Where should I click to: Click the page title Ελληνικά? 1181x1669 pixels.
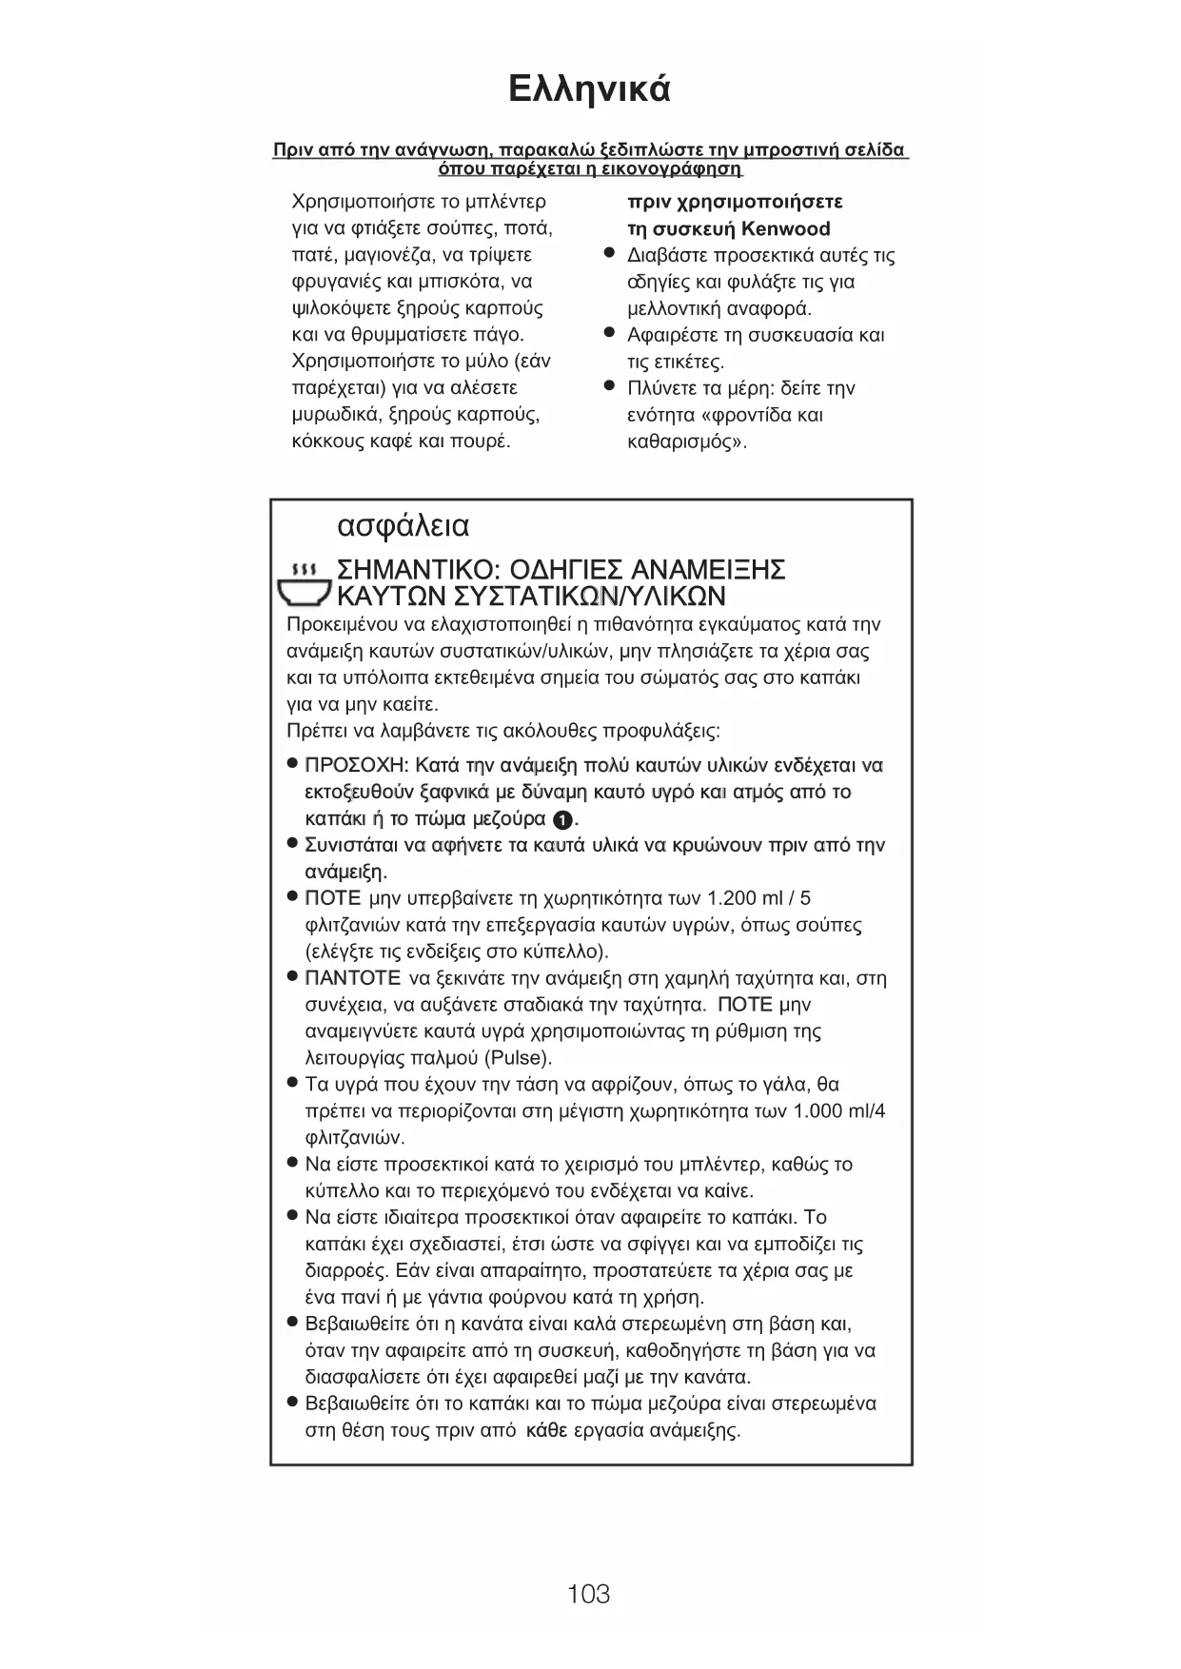589,89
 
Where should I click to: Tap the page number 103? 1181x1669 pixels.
588,1593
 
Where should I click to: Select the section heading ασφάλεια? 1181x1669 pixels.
404,526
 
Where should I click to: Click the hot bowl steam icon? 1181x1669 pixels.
303,583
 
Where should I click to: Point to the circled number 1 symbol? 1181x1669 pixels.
562,819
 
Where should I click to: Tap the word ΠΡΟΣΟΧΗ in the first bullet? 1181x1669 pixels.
356,766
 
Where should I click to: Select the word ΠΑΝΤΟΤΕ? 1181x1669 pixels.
352,978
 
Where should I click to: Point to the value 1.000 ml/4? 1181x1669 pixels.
838,1111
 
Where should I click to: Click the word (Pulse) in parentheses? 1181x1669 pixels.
518,1058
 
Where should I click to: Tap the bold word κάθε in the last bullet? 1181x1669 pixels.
546,1430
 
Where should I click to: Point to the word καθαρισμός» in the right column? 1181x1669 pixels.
687,442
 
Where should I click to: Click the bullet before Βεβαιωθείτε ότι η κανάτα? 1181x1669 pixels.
293,1323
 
